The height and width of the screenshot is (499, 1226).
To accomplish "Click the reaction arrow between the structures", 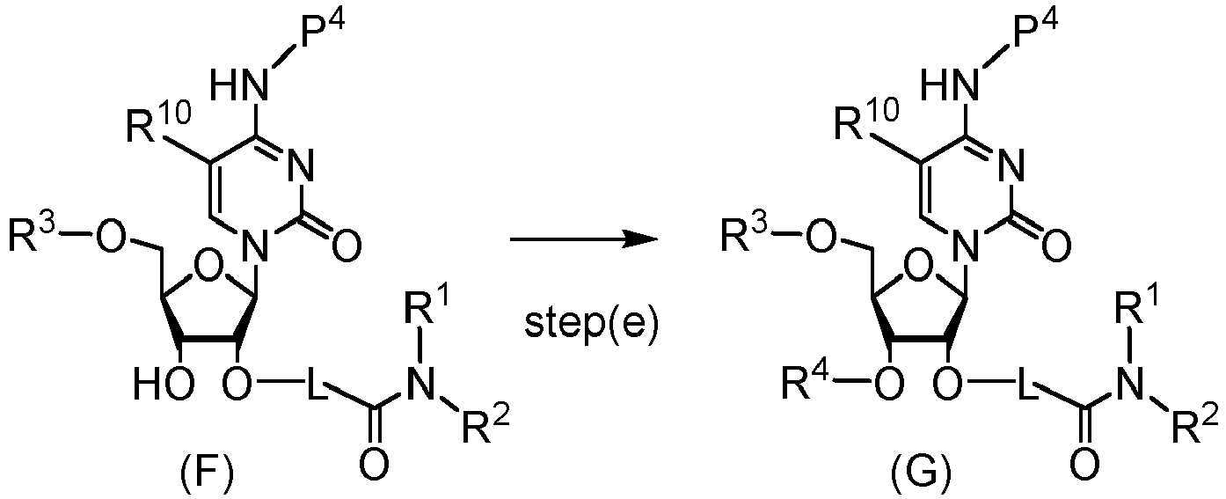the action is (583, 239).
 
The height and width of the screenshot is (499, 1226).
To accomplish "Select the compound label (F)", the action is (207, 474).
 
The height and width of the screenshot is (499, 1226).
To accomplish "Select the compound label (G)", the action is (921, 474).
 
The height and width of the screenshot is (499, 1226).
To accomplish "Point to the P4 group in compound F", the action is (323, 32).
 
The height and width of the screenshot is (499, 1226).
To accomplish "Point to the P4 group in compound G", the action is (1035, 32).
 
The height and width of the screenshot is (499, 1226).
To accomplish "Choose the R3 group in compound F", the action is (33, 234).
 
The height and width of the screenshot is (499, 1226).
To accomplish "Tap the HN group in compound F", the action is (240, 84).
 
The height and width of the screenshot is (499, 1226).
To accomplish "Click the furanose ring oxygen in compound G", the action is (920, 269).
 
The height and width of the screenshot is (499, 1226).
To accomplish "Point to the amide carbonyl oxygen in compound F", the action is (375, 465).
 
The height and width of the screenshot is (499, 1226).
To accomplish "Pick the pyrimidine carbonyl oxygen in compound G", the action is (1056, 245).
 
